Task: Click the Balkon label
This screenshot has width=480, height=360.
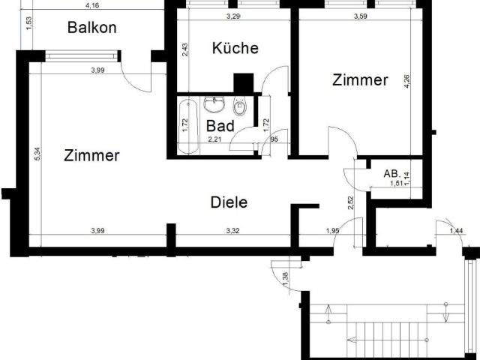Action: (x=92, y=28)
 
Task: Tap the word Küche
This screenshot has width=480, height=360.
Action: (x=235, y=48)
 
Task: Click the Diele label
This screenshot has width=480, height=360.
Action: (x=229, y=202)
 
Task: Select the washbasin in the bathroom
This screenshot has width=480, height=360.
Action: (x=216, y=102)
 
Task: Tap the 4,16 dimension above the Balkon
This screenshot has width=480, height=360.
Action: (x=93, y=6)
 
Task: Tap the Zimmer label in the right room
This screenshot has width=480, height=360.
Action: (x=360, y=79)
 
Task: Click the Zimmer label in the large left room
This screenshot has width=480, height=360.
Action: (x=91, y=155)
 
